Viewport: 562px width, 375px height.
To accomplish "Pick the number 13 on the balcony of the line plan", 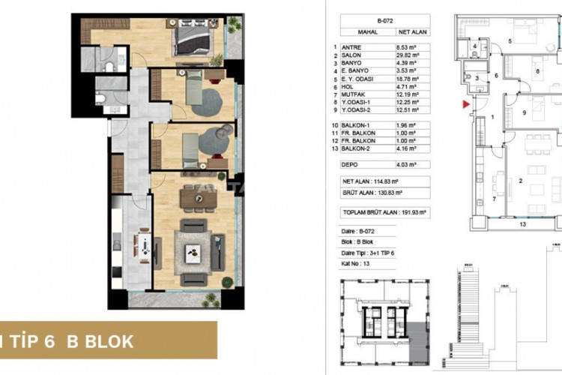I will click(x=523, y=223).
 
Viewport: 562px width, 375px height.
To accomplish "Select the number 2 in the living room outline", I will click(x=519, y=181).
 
